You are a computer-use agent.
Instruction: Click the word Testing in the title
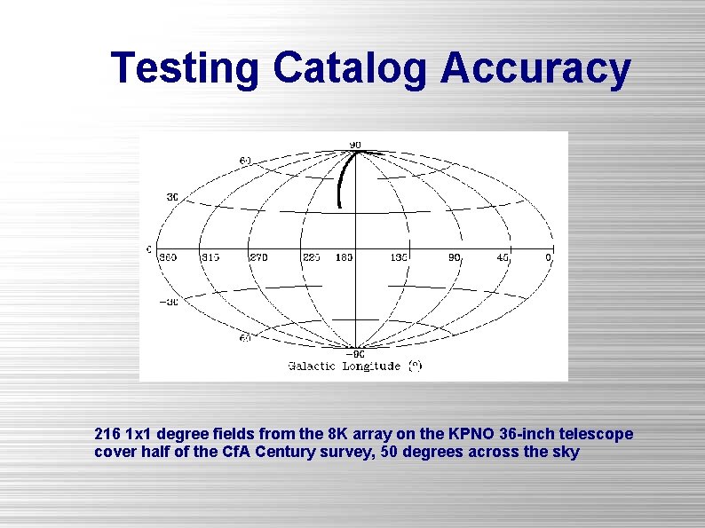[186, 68]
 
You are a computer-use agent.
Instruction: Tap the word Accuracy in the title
[535, 68]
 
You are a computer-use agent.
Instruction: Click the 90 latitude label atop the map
[354, 145]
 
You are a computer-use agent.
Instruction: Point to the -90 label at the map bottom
[354, 353]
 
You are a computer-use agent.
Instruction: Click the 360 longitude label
[167, 257]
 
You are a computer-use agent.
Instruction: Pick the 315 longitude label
[210, 257]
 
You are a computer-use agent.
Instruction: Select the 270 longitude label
[257, 257]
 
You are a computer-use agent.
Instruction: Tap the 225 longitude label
[312, 257]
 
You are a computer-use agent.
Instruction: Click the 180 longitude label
[344, 257]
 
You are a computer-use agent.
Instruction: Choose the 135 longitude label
[399, 257]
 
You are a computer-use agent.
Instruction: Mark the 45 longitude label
[503, 257]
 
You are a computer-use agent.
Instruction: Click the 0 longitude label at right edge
[548, 257]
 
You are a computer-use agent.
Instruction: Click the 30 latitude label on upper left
[172, 196]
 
